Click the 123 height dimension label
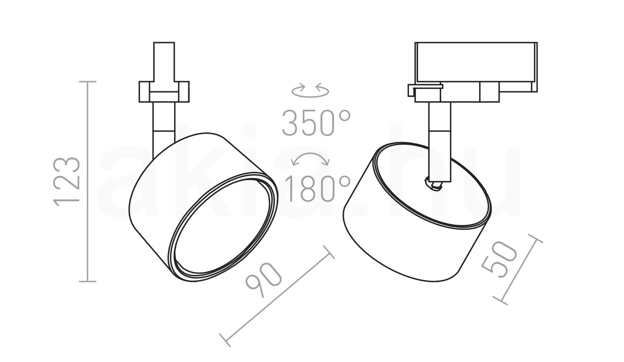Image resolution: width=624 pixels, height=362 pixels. tap(67, 181)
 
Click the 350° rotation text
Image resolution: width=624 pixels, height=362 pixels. tap(316, 123)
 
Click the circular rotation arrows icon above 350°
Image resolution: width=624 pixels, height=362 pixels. tap(310, 90)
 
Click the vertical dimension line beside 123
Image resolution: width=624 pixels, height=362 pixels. tap(87, 181)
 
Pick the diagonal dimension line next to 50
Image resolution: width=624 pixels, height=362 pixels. tap(517, 269)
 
